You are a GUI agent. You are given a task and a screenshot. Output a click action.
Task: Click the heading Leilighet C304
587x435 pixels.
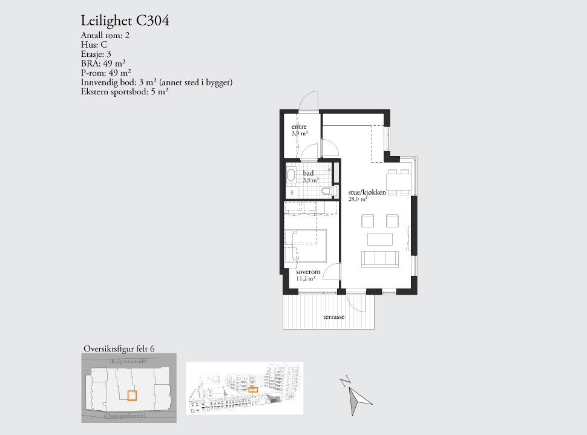(x=125, y=21)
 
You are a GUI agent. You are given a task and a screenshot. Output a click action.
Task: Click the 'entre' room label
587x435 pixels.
(x=299, y=126)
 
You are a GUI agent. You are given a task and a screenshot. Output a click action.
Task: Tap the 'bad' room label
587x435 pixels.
(x=309, y=173)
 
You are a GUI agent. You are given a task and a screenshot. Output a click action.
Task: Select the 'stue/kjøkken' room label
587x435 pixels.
(x=367, y=192)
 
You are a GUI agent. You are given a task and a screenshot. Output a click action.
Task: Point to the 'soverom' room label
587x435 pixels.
(x=308, y=272)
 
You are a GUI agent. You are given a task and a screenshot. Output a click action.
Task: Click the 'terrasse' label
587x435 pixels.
(x=333, y=316)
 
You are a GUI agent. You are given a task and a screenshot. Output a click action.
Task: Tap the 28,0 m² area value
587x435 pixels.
(x=358, y=199)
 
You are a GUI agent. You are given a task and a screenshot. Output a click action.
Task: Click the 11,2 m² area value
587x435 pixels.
(x=306, y=279)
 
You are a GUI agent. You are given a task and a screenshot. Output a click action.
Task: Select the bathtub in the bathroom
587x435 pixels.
(x=291, y=176)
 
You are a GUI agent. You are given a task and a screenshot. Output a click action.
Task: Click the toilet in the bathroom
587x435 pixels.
(x=327, y=192)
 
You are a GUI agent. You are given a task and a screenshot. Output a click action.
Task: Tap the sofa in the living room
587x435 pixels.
(x=380, y=258)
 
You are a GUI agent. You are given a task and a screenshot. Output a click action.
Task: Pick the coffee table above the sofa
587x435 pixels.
(x=380, y=238)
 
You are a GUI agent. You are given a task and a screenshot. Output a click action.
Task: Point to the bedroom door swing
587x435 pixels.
(x=330, y=273)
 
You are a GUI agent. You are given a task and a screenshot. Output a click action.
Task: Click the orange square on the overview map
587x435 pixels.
(x=132, y=396)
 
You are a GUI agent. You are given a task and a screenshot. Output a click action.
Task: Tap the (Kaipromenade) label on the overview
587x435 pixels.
(x=128, y=361)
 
